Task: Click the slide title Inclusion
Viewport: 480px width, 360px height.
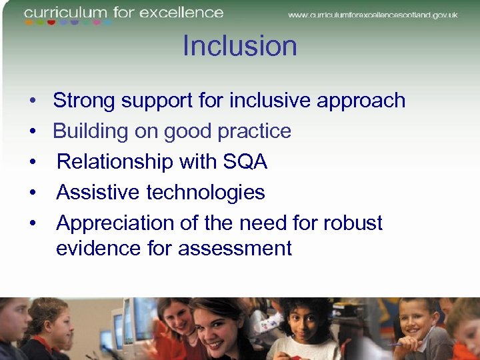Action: tap(239, 46)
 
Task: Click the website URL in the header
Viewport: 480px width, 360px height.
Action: tap(373, 15)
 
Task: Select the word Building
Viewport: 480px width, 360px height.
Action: tap(91, 131)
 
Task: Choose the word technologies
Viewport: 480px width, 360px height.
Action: tap(206, 193)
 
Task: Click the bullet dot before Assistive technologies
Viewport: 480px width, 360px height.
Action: tap(32, 193)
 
